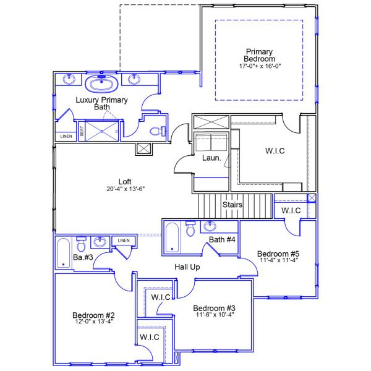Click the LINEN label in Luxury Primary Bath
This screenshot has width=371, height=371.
[x=65, y=136]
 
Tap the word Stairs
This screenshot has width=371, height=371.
[x=232, y=205]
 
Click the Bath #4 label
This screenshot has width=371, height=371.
[x=221, y=239]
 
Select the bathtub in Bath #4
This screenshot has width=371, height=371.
[x=173, y=237]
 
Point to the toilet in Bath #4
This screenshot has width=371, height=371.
[x=190, y=229]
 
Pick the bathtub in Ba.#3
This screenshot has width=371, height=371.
[x=62, y=254]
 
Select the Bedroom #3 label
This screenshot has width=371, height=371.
[x=213, y=308]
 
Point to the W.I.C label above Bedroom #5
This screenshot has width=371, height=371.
[x=291, y=211]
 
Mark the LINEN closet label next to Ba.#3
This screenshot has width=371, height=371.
[x=124, y=240]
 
